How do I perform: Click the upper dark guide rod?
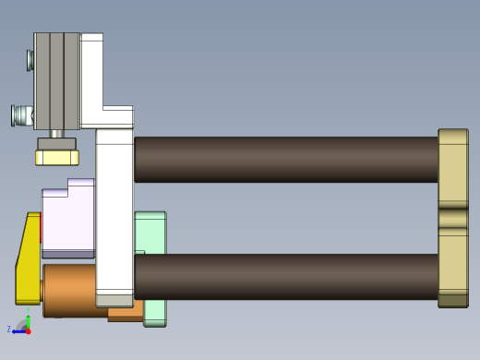tap(286, 159)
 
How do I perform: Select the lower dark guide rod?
tap(286, 276)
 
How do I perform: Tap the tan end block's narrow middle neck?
tap(452, 218)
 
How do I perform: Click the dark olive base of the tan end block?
tap(452, 300)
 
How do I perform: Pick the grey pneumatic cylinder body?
tap(56, 81)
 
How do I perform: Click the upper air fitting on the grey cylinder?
tap(30, 60)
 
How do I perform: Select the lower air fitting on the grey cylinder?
tap(21, 115)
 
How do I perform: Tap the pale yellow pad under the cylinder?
tap(56, 158)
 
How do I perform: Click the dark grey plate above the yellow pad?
tap(56, 144)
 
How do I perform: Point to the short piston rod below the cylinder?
tap(57, 134)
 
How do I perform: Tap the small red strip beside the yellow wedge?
tap(42, 226)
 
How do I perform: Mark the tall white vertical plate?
tap(114, 212)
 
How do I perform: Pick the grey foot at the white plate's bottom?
tap(114, 300)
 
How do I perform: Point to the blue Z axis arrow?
tap(18, 330)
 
